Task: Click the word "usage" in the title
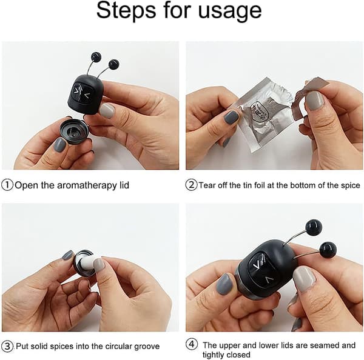pyautogui.click(x=230, y=11)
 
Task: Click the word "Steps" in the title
pyautogui.click(x=126, y=10)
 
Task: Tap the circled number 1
pyautogui.click(x=7, y=185)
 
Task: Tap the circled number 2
pyautogui.click(x=191, y=185)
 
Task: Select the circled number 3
pyautogui.click(x=7, y=346)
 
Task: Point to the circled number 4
pyautogui.click(x=192, y=344)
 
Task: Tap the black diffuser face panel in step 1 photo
pyautogui.click(x=82, y=91)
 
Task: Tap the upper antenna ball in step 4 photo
pyautogui.click(x=314, y=227)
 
